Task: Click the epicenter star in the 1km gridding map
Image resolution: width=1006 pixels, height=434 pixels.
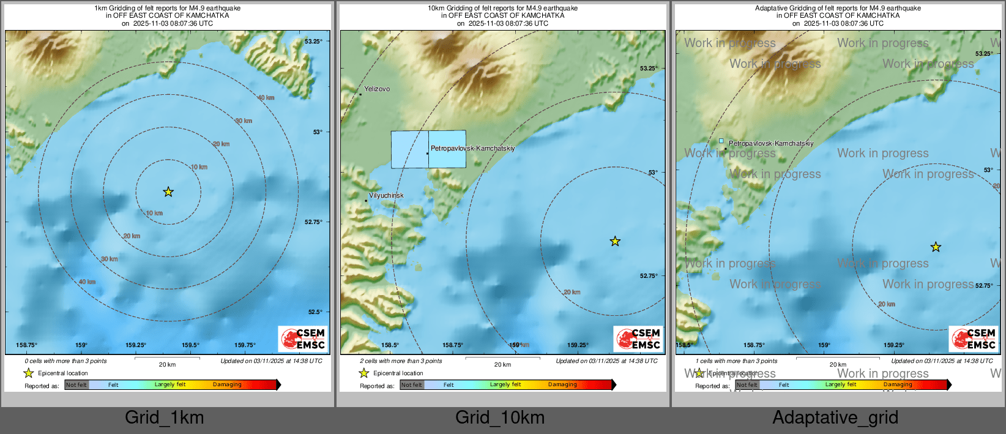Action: [x=168, y=192]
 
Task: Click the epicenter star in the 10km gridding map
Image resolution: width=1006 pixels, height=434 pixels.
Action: [x=615, y=242]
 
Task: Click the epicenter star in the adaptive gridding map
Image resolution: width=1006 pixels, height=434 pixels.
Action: [x=936, y=247]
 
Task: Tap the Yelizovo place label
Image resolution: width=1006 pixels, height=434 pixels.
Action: [x=377, y=89]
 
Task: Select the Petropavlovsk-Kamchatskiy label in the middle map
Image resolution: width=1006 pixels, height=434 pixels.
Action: [x=472, y=148]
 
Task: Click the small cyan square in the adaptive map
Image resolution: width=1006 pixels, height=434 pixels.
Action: [x=721, y=141]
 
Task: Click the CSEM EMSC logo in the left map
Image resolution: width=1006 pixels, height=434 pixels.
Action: [x=303, y=339]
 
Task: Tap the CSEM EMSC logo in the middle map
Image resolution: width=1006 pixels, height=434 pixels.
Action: [x=638, y=339]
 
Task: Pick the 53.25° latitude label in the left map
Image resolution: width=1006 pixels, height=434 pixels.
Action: [x=313, y=42]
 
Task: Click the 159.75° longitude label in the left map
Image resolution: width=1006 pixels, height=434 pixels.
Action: [x=245, y=345]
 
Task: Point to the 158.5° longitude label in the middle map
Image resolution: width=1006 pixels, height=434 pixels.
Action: [x=390, y=345]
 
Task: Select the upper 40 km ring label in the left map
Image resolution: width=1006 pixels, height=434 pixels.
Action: [x=266, y=98]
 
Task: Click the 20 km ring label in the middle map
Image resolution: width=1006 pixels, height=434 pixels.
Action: [x=572, y=293]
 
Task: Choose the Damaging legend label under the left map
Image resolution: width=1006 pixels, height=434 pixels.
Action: [x=227, y=384]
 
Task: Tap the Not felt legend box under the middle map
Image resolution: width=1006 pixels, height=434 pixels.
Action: [x=412, y=385]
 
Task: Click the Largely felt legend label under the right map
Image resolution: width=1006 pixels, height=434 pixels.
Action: [x=841, y=384]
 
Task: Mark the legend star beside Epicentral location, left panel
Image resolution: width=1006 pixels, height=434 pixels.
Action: [x=28, y=373]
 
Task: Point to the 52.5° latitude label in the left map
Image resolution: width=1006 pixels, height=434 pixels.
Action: [x=315, y=312]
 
